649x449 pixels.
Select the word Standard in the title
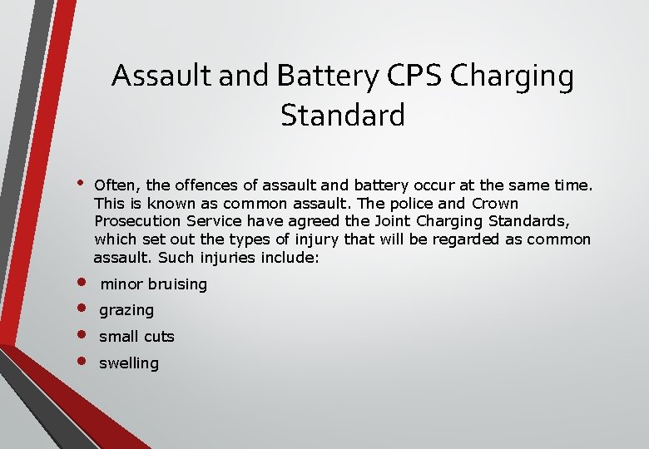point(343,115)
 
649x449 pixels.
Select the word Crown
point(495,203)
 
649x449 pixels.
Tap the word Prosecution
point(134,221)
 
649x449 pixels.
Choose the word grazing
point(126,310)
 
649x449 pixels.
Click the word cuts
point(158,337)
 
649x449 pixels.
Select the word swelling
point(129,363)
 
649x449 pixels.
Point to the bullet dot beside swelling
point(82,361)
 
